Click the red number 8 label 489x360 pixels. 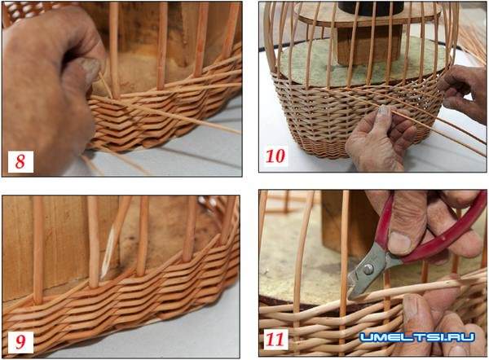click(x=20, y=161)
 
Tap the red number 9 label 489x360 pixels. click(x=20, y=341)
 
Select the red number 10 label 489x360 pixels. click(x=275, y=156)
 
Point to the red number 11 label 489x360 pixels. click(x=275, y=340)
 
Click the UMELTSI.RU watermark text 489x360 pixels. click(x=417, y=337)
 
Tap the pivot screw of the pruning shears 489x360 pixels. click(x=368, y=268)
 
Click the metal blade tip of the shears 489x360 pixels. click(x=350, y=297)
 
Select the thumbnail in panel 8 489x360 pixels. click(x=88, y=67)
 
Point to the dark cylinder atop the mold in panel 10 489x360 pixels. click(x=371, y=8)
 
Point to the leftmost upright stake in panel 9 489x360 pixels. click(x=38, y=250)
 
